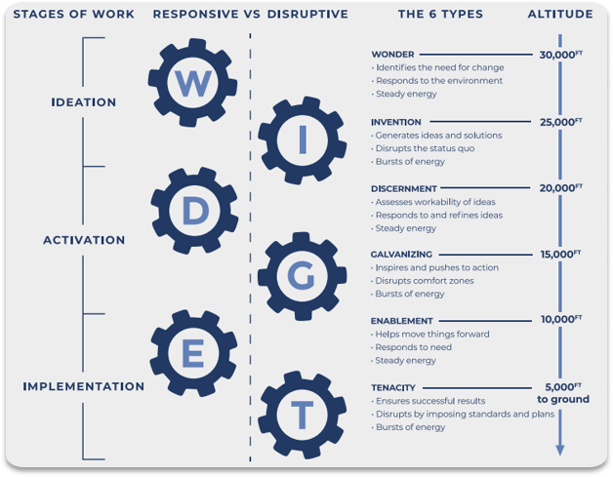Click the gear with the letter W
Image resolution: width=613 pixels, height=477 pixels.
pyautogui.click(x=193, y=84)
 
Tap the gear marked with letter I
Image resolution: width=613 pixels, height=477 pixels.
pyautogui.click(x=302, y=141)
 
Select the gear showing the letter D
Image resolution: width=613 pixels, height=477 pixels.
pyautogui.click(x=195, y=212)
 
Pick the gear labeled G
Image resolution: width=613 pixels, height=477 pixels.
pyautogui.click(x=302, y=276)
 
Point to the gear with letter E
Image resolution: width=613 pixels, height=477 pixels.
pyautogui.click(x=193, y=352)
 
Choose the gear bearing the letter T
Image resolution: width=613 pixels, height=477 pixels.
pyautogui.click(x=303, y=416)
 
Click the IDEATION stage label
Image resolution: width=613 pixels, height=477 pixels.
pyautogui.click(x=83, y=102)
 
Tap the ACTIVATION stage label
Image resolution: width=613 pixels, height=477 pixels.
pyautogui.click(x=84, y=240)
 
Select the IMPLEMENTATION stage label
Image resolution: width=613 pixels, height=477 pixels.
pyautogui.click(x=83, y=386)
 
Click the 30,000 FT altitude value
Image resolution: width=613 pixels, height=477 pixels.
pyautogui.click(x=560, y=55)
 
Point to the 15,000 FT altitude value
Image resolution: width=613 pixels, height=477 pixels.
pyautogui.click(x=560, y=254)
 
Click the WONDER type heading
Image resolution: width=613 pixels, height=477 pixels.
pyautogui.click(x=392, y=55)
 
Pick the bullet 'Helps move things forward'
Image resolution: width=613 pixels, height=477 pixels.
pyautogui.click(x=430, y=334)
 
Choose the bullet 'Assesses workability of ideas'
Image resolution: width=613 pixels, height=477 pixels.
pyautogui.click(x=433, y=202)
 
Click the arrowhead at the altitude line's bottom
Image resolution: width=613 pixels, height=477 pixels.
pyautogui.click(x=560, y=450)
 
